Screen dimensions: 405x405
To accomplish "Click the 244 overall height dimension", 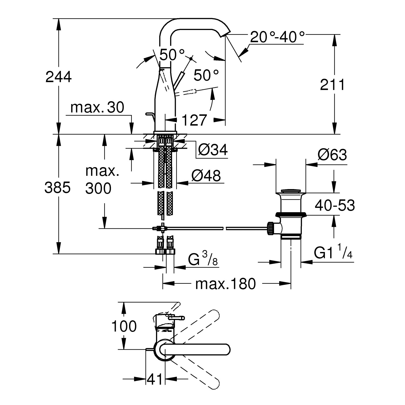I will (x=58, y=77).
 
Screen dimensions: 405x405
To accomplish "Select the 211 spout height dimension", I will (x=332, y=85).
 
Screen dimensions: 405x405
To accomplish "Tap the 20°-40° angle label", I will (x=277, y=37).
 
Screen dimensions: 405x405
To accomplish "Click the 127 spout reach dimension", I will (x=194, y=120).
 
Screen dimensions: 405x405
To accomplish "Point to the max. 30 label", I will (x=97, y=108).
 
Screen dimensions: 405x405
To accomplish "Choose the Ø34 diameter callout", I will (x=213, y=150).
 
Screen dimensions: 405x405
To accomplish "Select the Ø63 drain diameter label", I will (x=332, y=155).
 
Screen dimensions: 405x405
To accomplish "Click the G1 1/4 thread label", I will (x=333, y=254).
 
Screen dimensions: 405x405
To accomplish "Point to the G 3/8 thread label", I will (x=203, y=260).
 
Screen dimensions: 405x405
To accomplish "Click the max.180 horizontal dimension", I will (x=225, y=284).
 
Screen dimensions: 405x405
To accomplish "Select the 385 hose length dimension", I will (x=57, y=188).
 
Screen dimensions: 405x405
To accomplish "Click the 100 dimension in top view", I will (x=124, y=326).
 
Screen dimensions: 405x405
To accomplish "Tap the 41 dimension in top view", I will (x=155, y=379).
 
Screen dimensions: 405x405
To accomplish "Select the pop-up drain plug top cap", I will (x=291, y=191).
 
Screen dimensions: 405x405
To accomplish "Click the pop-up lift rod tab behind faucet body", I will (x=150, y=115).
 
